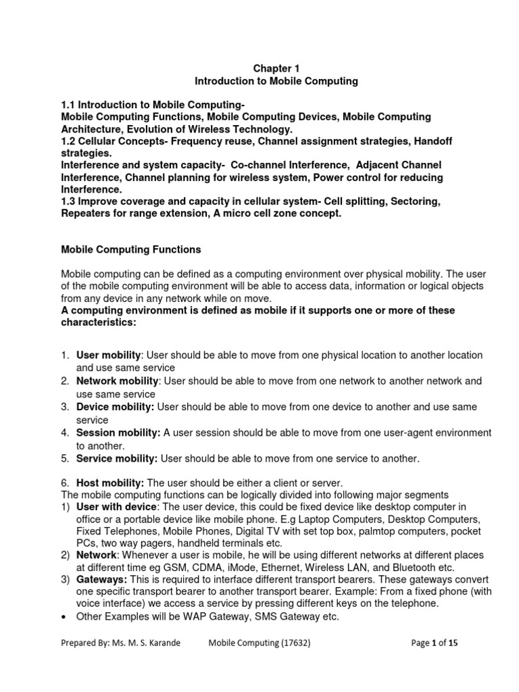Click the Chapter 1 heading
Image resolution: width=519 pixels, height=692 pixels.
tap(276, 68)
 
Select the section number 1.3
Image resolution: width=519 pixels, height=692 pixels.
tap(70, 201)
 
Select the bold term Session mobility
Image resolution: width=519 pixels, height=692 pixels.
tap(118, 433)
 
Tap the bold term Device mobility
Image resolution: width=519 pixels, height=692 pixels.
tap(116, 407)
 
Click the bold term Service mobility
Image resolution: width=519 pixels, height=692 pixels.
tap(117, 459)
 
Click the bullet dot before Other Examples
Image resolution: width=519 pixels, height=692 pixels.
tap(63, 618)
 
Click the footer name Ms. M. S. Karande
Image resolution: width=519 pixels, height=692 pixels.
tap(151, 644)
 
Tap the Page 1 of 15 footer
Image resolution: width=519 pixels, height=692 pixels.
tap(435, 644)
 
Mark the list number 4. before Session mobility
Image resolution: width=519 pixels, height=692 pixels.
tap(65, 433)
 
